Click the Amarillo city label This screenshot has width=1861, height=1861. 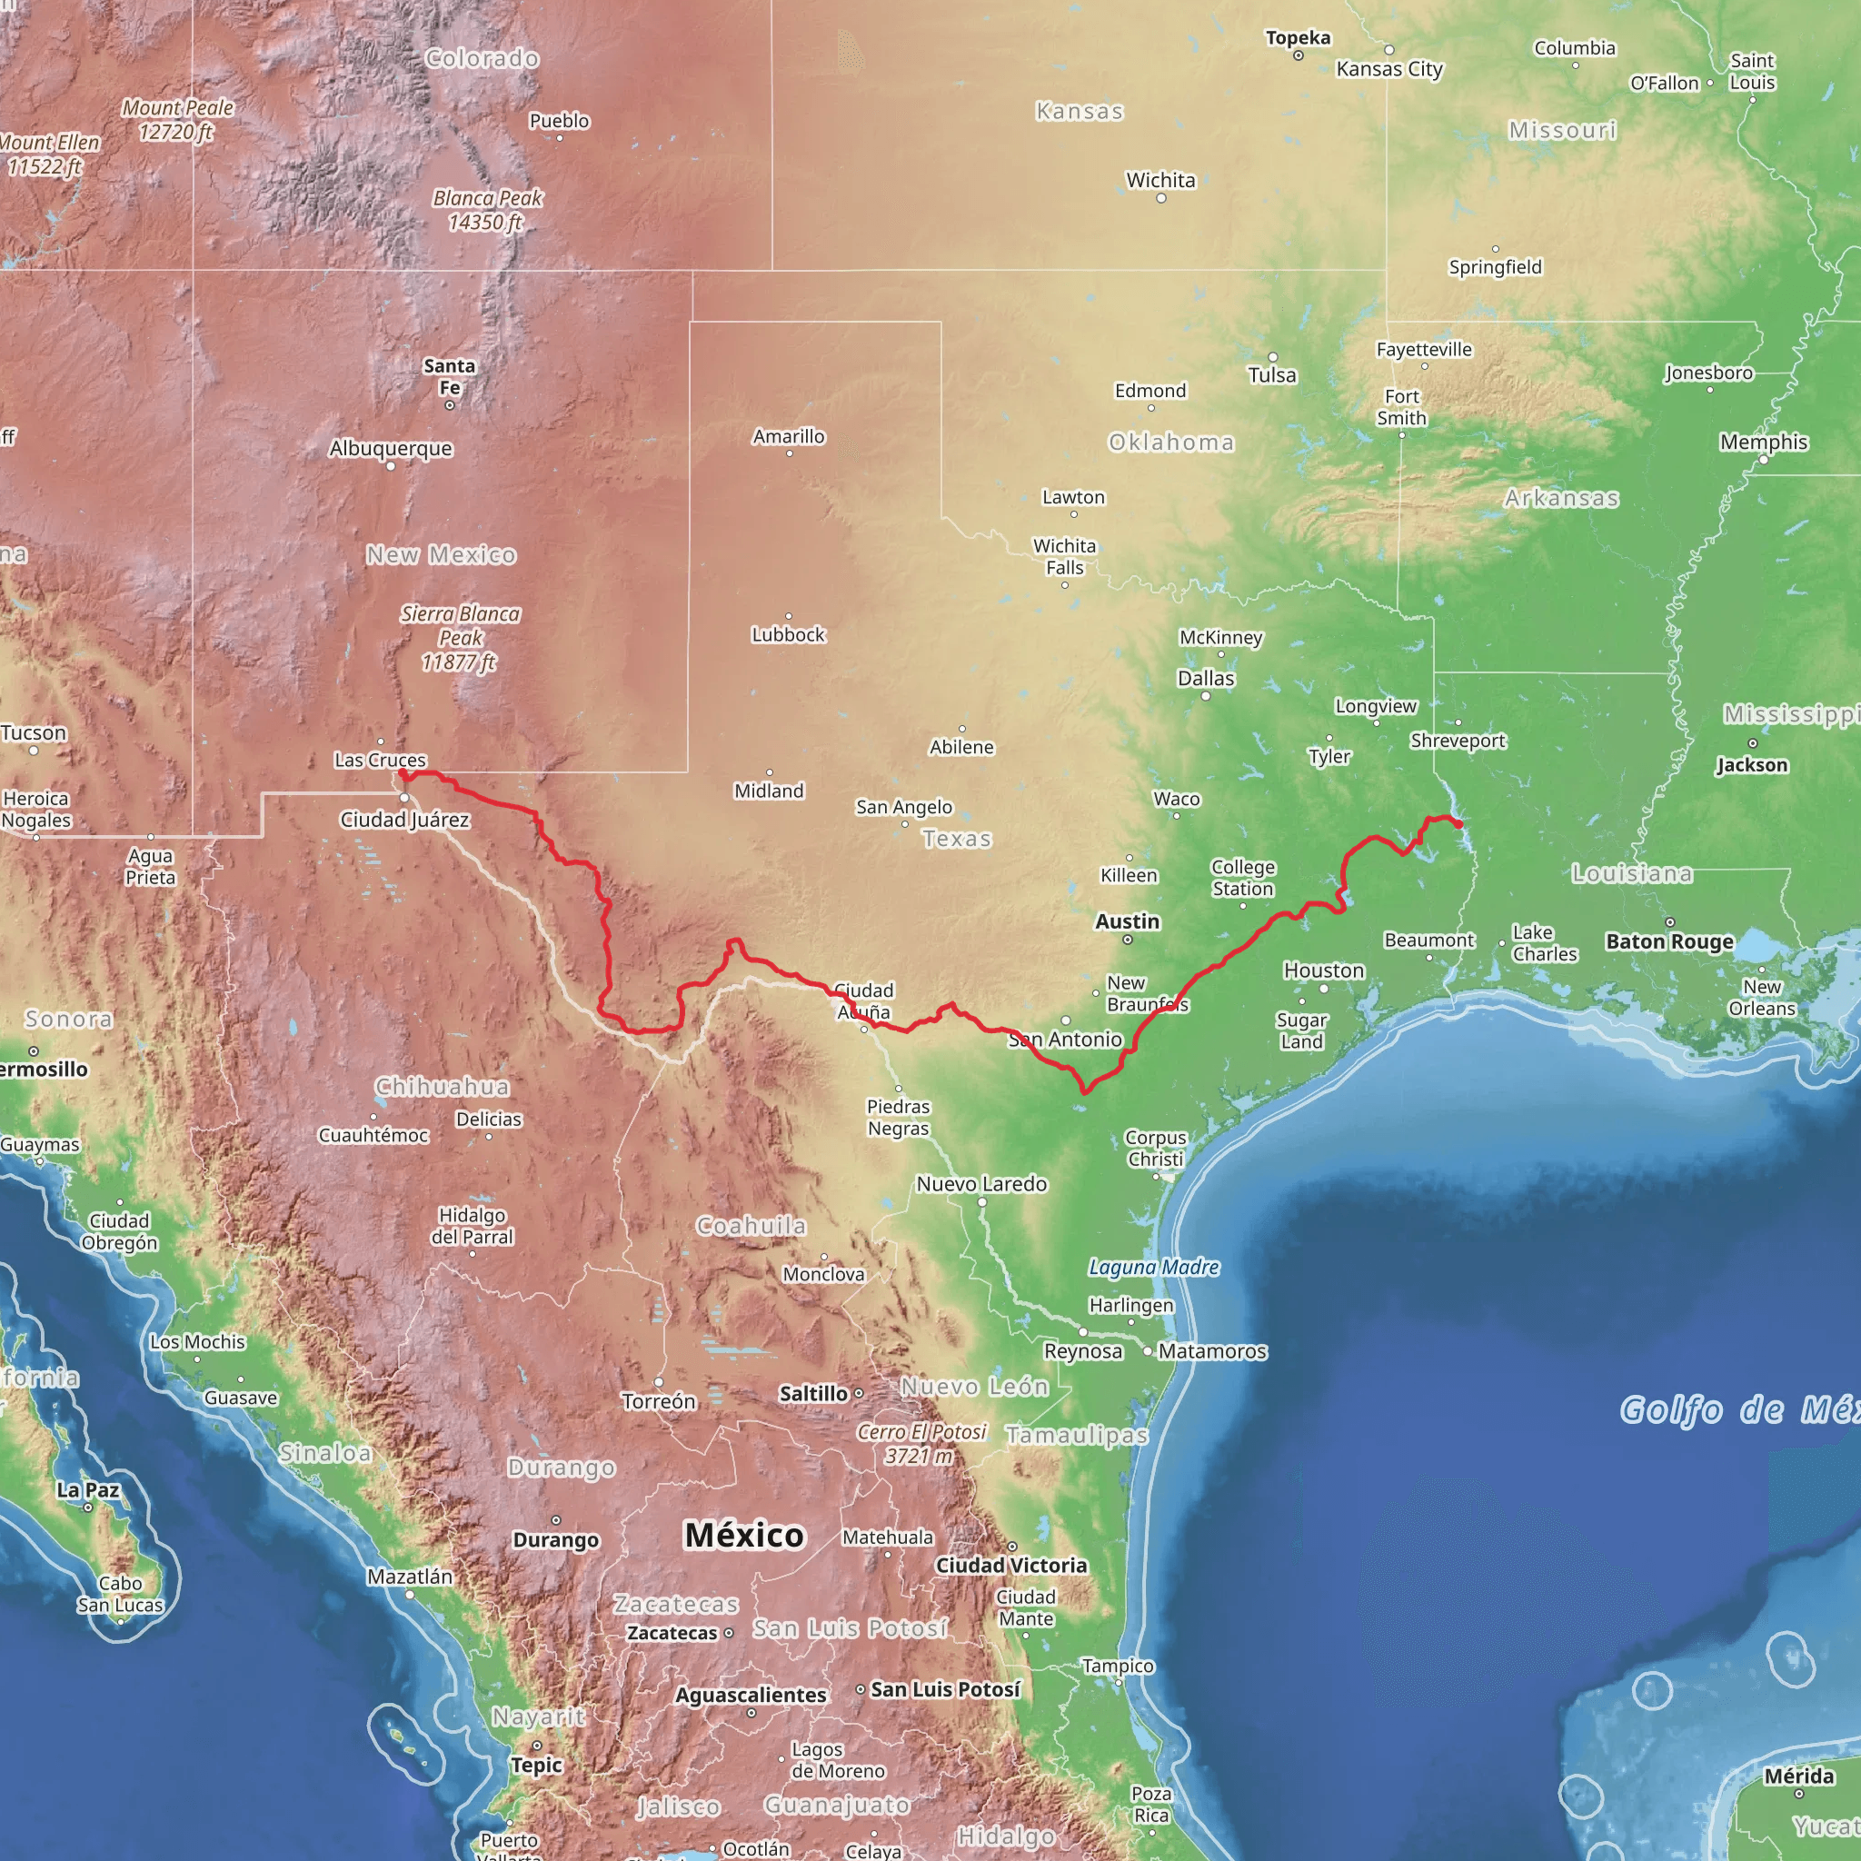point(789,436)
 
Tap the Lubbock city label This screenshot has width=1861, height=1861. point(788,635)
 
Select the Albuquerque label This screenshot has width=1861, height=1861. point(390,448)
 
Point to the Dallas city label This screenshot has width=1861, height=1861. point(1206,678)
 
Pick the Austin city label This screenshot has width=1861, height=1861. point(1127,921)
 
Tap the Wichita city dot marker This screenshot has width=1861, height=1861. point(1161,198)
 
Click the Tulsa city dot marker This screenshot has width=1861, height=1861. point(1272,357)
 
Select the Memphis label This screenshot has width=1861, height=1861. point(1764,443)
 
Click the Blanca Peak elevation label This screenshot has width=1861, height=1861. point(487,210)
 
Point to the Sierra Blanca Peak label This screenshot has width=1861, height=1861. point(461,638)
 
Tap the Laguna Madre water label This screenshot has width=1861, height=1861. point(1154,1267)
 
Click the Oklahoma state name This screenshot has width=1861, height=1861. point(1171,443)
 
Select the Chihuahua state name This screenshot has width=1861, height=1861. point(443,1087)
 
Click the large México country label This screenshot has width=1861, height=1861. point(743,1535)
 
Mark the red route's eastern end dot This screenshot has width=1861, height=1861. point(1458,824)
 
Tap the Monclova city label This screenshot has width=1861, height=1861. point(823,1274)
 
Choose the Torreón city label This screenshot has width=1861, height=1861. point(659,1401)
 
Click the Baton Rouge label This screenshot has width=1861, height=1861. point(1669,941)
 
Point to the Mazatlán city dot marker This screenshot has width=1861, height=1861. point(410,1594)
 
